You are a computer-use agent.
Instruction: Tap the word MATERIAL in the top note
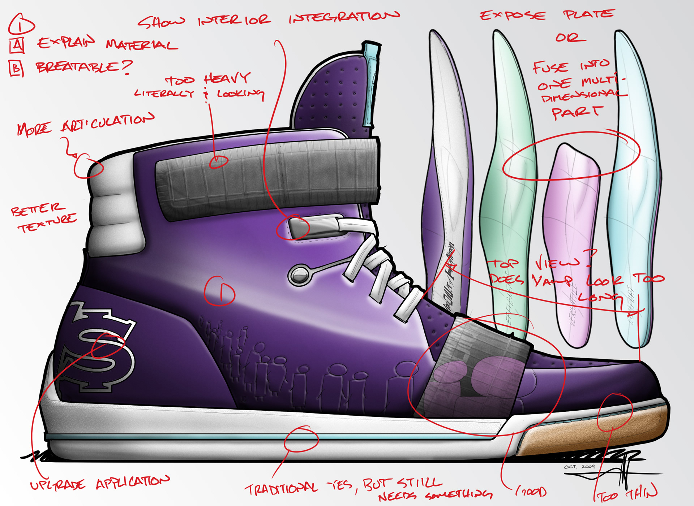pyautogui.click(x=142, y=45)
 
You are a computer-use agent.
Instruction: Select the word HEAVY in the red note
pyautogui.click(x=227, y=78)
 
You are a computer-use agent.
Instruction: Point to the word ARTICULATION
pyautogui.click(x=108, y=122)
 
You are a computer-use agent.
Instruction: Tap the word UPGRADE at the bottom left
pyautogui.click(x=58, y=485)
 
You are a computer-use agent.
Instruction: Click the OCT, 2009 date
pyautogui.click(x=579, y=467)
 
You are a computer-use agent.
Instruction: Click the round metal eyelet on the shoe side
pyautogui.click(x=299, y=275)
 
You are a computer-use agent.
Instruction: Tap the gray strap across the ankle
pyautogui.click(x=267, y=177)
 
